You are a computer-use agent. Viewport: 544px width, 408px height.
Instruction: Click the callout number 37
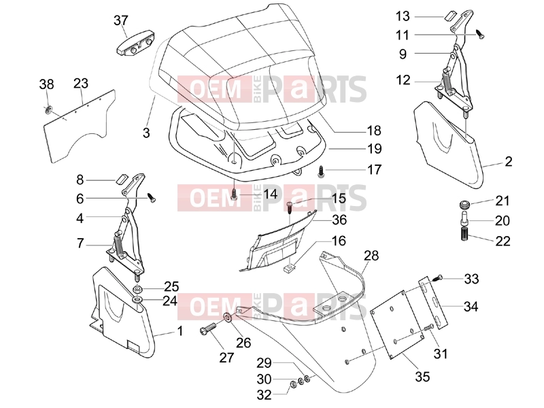pyautogui.click(x=121, y=20)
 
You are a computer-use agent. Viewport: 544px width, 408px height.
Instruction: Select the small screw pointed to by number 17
pyautogui.click(x=321, y=172)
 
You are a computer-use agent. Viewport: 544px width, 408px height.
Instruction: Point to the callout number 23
pyautogui.click(x=81, y=83)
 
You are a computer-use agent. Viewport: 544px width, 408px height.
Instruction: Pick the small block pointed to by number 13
pyautogui.click(x=449, y=16)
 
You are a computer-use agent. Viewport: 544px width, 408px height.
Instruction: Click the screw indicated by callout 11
pyautogui.click(x=480, y=34)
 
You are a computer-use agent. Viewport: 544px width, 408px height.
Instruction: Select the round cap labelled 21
pyautogui.click(x=464, y=205)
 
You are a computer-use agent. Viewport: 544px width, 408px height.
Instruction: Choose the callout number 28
pyautogui.click(x=371, y=256)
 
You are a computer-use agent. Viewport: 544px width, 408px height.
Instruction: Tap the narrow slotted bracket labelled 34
pyautogui.click(x=433, y=303)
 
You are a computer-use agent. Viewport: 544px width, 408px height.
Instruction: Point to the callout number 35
pyautogui.click(x=422, y=377)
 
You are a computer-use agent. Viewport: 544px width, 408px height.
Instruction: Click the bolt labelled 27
pyautogui.click(x=208, y=328)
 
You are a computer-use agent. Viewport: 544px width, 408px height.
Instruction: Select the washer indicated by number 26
pyautogui.click(x=228, y=318)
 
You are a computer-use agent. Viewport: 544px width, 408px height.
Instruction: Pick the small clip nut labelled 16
pyautogui.click(x=288, y=269)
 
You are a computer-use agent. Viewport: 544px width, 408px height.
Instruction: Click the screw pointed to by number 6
pyautogui.click(x=152, y=198)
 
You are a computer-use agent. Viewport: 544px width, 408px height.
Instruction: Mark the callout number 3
pyautogui.click(x=146, y=133)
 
